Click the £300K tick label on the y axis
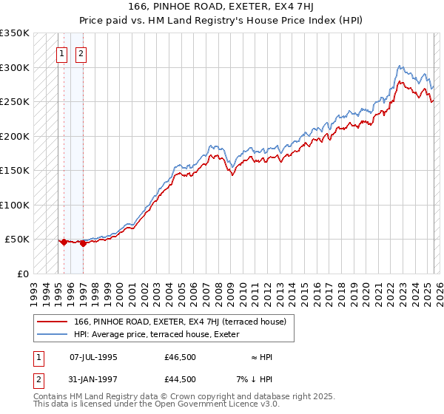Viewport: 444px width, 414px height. (14, 67)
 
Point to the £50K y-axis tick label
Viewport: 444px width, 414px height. (17, 240)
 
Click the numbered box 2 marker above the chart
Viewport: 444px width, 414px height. (81, 53)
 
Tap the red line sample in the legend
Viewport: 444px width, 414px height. (53, 322)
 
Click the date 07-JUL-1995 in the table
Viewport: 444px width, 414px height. (93, 358)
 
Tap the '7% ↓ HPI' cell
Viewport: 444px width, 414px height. (256, 379)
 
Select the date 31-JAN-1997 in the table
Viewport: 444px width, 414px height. (93, 379)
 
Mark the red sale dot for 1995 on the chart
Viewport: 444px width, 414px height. (64, 242)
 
